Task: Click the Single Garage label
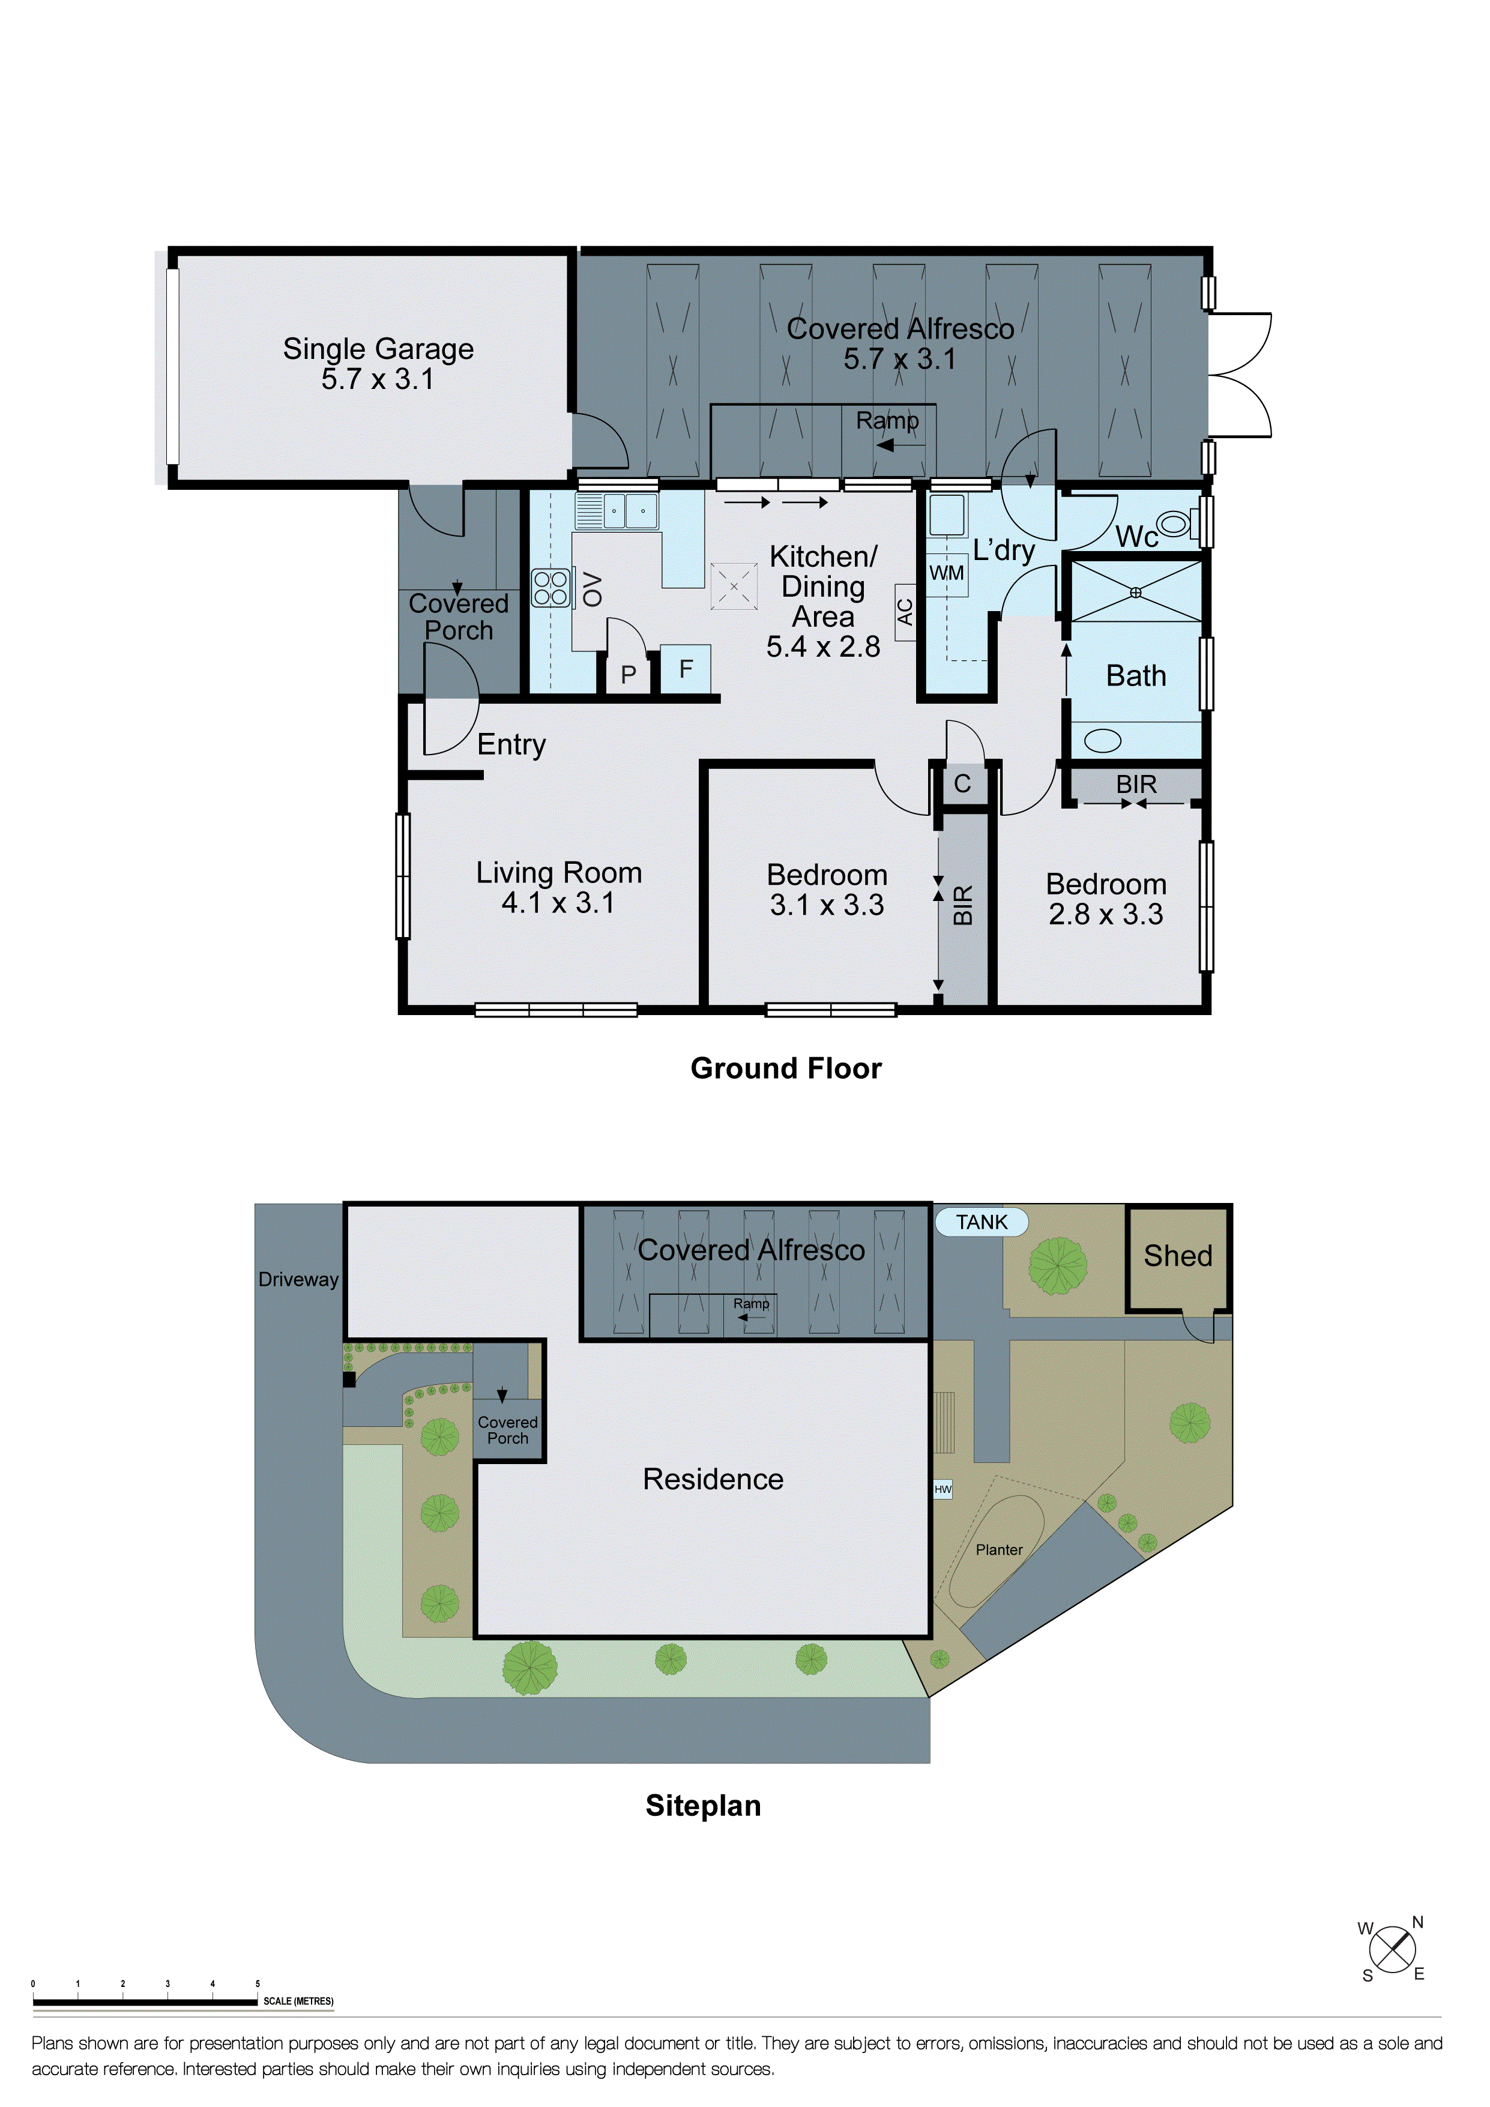coord(378,349)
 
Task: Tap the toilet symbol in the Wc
coord(1174,525)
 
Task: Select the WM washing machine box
coord(947,573)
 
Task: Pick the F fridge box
coord(686,669)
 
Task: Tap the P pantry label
coord(629,675)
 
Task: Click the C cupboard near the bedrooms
coord(962,784)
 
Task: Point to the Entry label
coord(511,744)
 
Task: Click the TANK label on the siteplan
coord(981,1222)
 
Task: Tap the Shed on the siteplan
coord(1178,1256)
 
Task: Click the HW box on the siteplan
coord(943,1489)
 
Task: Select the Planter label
coord(998,1550)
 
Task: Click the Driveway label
coord(298,1279)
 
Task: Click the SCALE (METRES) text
coord(298,2001)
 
